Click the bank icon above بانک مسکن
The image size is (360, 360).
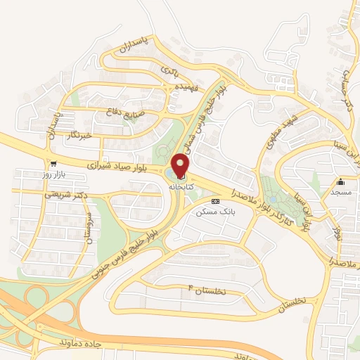tap(215, 201)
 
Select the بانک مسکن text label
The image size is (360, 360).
tap(217, 211)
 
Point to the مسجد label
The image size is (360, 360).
tap(341, 191)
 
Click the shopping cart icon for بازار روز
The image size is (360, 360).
tap(53, 162)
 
